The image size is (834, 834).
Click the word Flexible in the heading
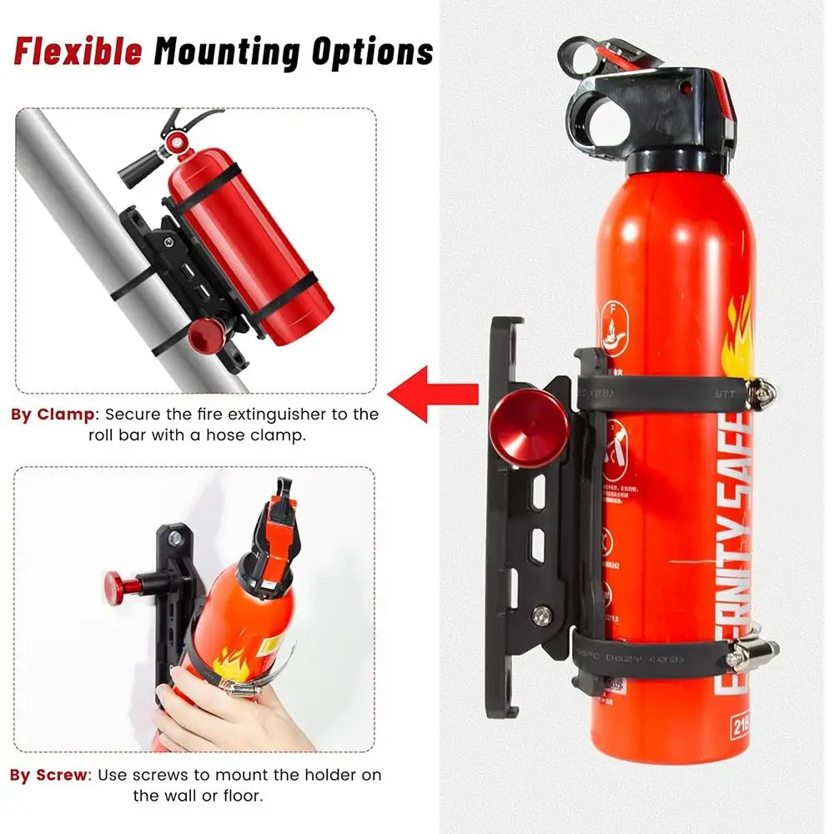pos(77,51)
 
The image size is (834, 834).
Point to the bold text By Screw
pos(48,775)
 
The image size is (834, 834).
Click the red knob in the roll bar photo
pos(203,337)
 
